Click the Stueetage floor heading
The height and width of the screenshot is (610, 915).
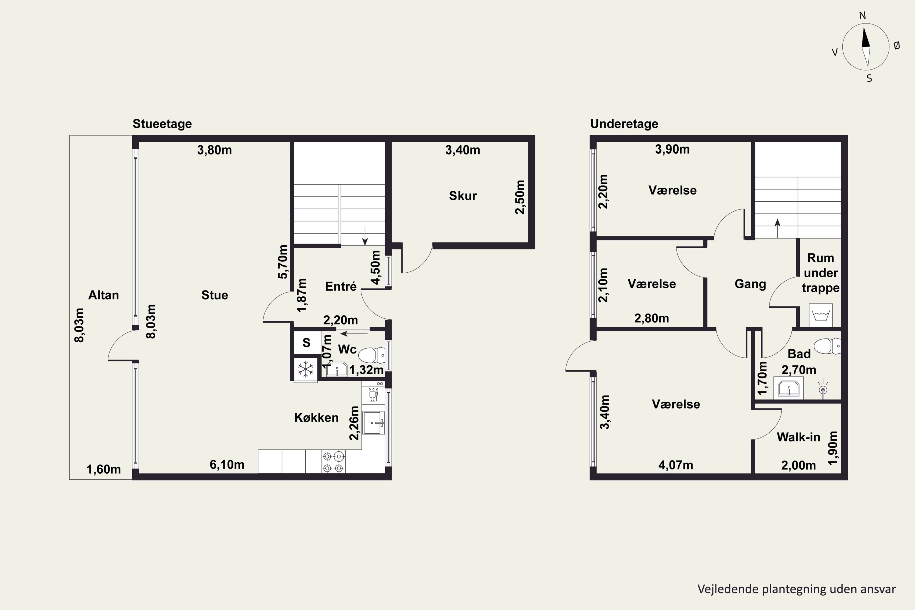click(162, 124)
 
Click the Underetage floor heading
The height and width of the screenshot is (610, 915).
click(624, 124)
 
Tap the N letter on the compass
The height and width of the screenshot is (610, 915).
click(863, 16)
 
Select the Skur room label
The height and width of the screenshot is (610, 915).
click(463, 196)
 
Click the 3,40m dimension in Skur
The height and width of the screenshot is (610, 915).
click(463, 150)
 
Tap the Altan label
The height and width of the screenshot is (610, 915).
click(103, 295)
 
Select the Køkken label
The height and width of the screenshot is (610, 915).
click(316, 418)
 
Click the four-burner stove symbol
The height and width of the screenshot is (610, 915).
click(333, 462)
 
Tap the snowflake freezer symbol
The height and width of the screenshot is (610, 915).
click(306, 369)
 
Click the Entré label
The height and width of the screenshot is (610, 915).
click(341, 287)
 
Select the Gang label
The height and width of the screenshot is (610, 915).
click(750, 284)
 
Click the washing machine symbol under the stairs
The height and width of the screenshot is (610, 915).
click(821, 315)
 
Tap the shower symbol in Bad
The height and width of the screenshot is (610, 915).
click(823, 389)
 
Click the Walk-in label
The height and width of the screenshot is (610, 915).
click(798, 437)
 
